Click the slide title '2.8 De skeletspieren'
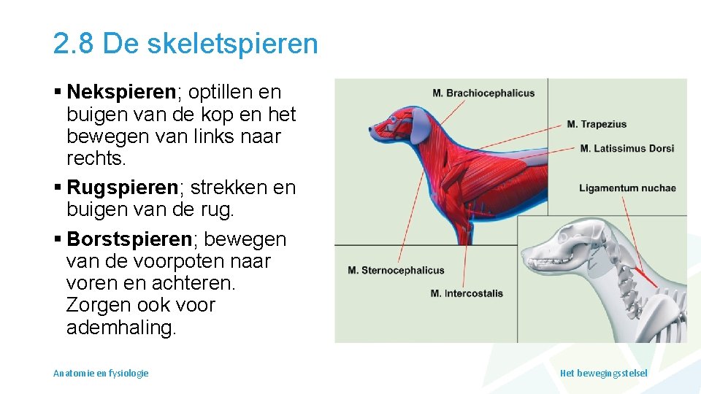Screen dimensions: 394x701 (x=185, y=44)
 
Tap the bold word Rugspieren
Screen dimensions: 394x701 (x=123, y=188)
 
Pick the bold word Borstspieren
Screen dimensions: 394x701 (x=129, y=239)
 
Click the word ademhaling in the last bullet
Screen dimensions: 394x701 (x=121, y=328)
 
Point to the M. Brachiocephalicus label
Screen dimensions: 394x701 (x=483, y=93)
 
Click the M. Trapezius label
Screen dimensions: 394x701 (x=597, y=124)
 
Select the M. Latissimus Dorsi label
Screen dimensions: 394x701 (x=627, y=149)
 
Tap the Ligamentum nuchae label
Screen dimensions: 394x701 (x=627, y=188)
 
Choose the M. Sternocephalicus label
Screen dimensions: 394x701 (x=396, y=271)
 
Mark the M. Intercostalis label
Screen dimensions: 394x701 (x=467, y=294)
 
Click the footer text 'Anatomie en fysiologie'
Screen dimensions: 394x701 (x=101, y=373)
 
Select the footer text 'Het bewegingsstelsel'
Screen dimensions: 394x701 (x=603, y=373)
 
